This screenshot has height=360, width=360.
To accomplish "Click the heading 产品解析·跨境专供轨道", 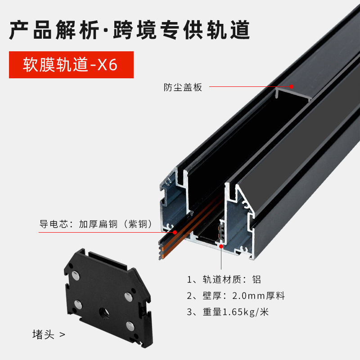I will [x=129, y=30].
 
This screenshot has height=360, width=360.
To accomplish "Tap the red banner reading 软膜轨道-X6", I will [x=71, y=65].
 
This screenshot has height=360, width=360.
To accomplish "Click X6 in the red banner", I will [x=108, y=65].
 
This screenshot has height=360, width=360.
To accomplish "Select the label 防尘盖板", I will [x=183, y=87].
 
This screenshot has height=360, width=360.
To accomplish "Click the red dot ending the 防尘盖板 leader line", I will [x=291, y=86].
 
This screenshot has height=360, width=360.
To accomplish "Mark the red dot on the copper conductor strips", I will [x=175, y=233].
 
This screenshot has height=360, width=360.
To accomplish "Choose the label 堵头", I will [x=43, y=335].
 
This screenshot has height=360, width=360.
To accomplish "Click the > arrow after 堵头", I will [x=62, y=335].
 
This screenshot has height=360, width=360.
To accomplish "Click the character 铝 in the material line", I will [x=256, y=279].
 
